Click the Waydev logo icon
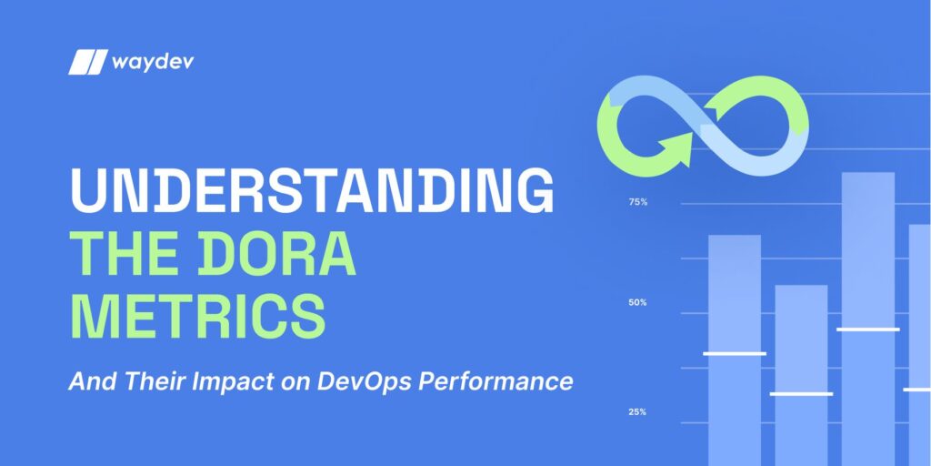coord(87,63)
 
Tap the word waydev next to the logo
coord(152,62)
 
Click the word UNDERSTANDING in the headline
coord(312,191)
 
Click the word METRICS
coord(198,315)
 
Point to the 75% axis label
coord(637,202)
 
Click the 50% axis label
coord(637,302)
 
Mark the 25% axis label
coord(637,412)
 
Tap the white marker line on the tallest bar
coord(868,329)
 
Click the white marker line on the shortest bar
coord(801,394)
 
